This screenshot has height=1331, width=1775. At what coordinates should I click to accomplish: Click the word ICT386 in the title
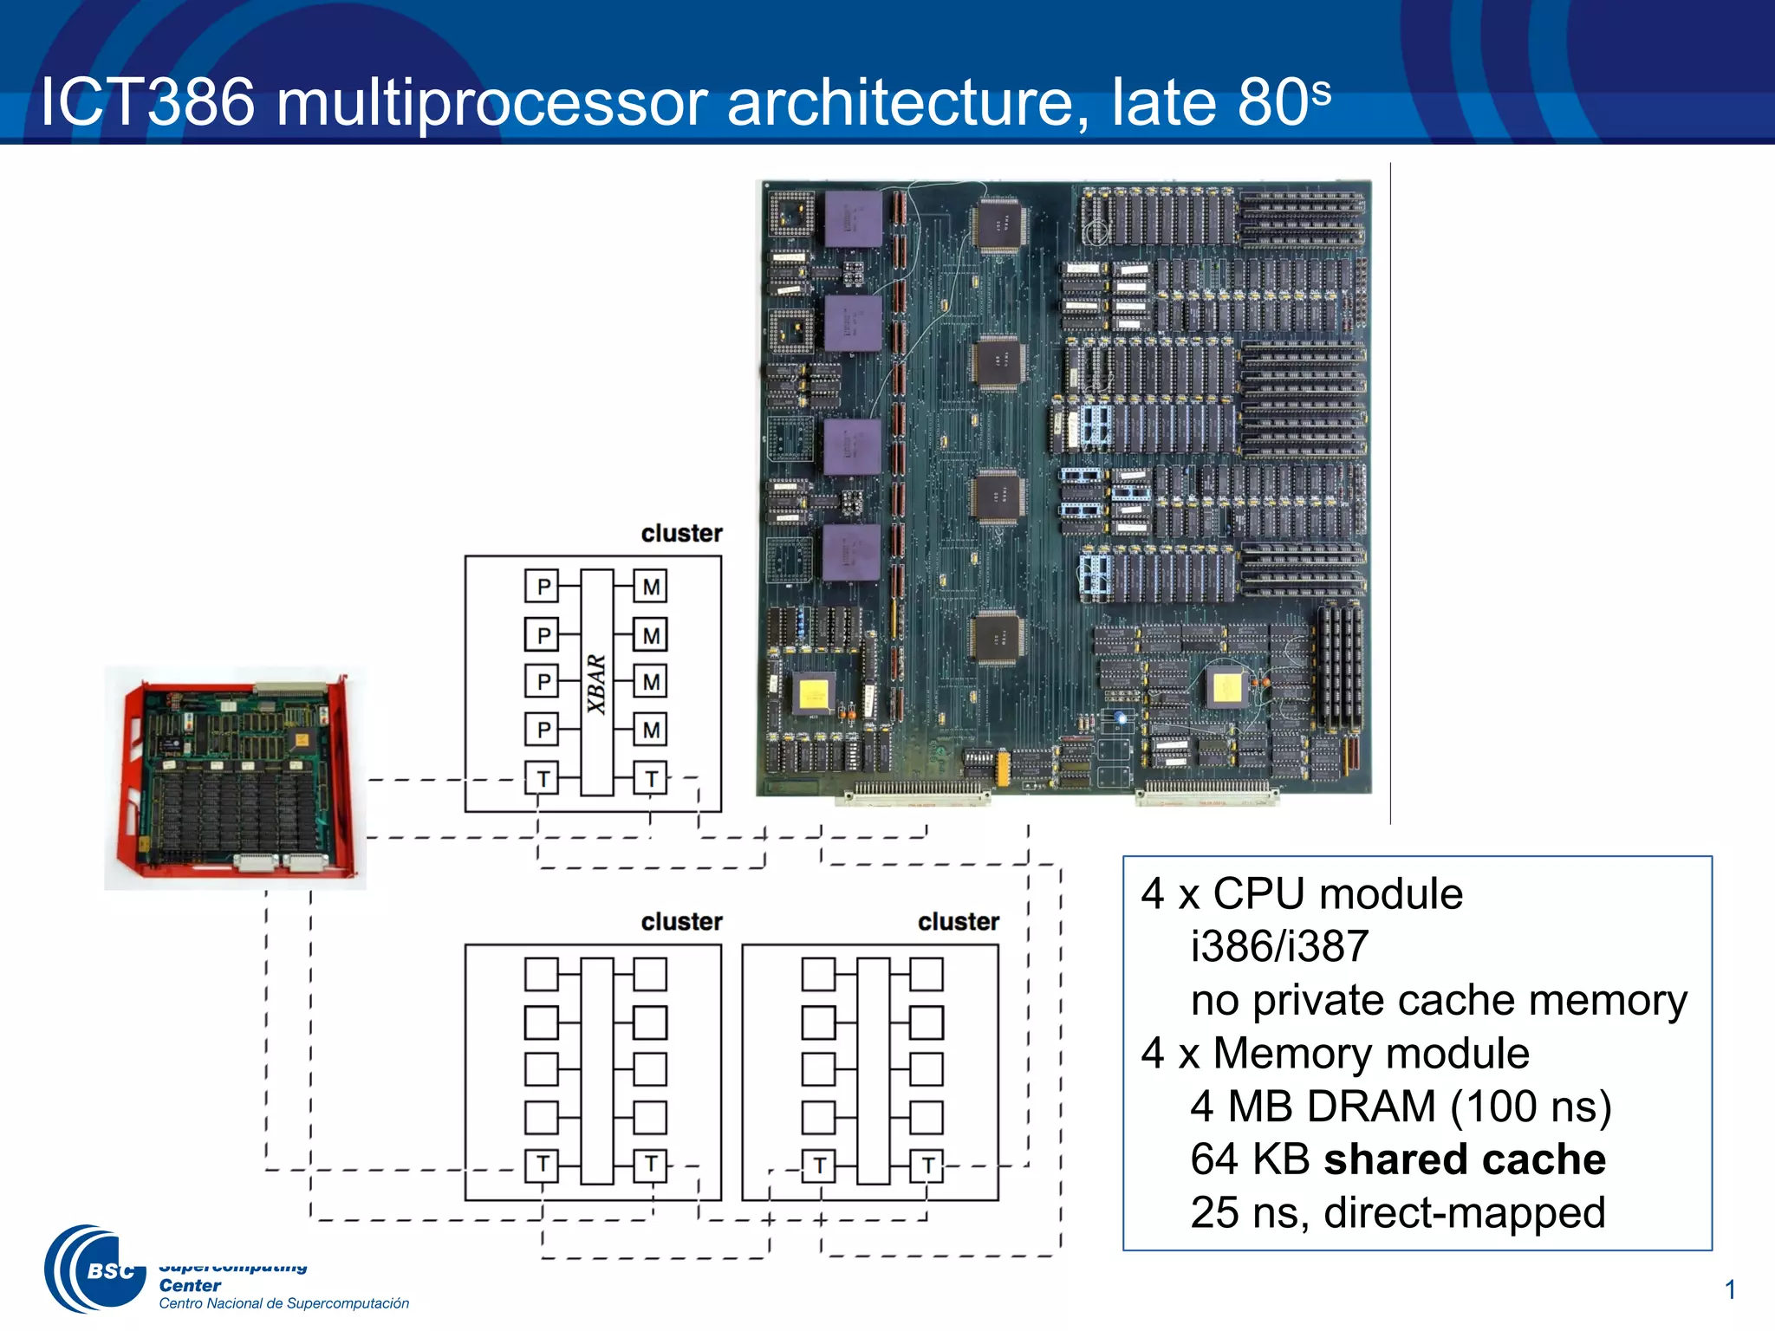[x=148, y=102]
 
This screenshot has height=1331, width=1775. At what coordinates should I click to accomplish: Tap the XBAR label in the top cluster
[x=596, y=684]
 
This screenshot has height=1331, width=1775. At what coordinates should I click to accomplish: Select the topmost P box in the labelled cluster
[x=542, y=587]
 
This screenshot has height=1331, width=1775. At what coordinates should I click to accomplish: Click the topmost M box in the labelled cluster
[x=651, y=587]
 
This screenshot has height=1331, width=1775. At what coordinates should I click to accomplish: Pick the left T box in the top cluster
[x=542, y=778]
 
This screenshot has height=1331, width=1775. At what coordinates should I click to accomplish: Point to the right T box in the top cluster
[x=651, y=778]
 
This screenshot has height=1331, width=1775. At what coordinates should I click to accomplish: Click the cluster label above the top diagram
[x=681, y=533]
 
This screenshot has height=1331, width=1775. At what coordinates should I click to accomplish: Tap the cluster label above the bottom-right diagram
[x=959, y=921]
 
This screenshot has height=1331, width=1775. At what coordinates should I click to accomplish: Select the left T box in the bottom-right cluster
[x=818, y=1165]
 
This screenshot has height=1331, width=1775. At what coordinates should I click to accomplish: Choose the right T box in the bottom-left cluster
[x=651, y=1165]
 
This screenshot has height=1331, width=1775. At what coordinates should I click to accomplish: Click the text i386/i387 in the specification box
[x=1279, y=946]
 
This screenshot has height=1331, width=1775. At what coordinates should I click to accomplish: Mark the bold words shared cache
[x=1465, y=1159]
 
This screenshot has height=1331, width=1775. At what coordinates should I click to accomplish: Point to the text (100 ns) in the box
[x=1531, y=1107]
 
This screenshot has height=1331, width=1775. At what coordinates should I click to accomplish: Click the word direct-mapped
[x=1465, y=1212]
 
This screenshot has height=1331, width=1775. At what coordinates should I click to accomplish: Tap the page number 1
[x=1730, y=1289]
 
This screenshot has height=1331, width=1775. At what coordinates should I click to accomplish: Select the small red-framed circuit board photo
[x=235, y=777]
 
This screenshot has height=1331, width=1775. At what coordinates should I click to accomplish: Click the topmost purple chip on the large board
[x=853, y=218]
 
